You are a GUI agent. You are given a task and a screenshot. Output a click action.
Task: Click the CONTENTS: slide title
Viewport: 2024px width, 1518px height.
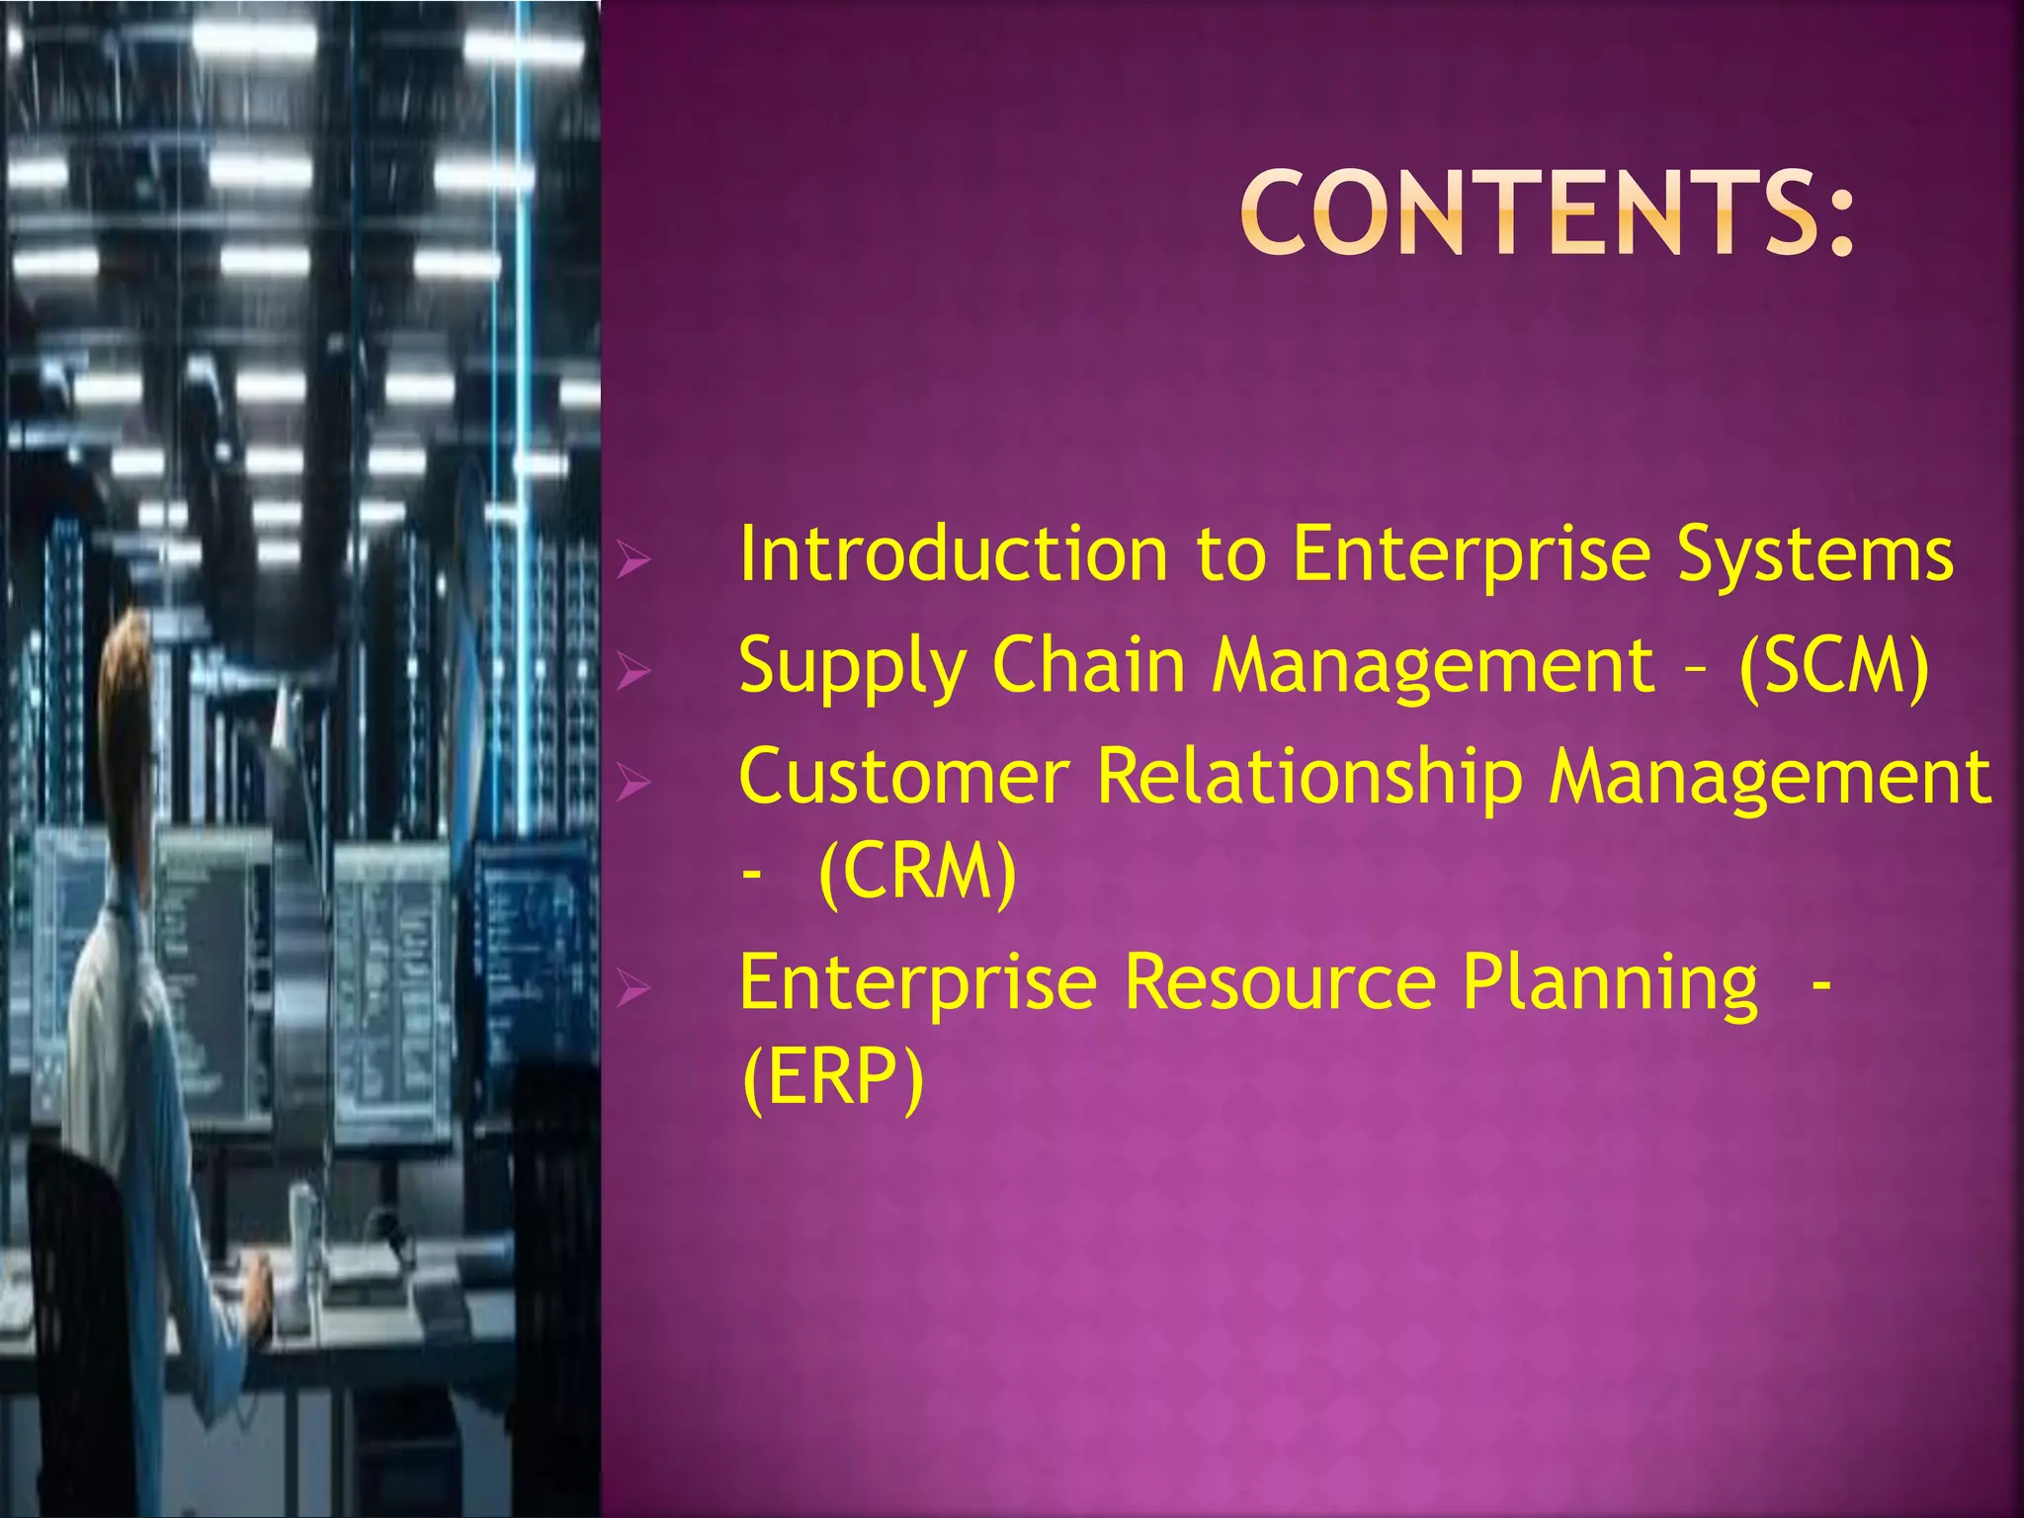[1547, 212]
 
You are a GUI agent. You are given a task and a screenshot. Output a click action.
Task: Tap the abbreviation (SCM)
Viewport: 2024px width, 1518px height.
[1833, 666]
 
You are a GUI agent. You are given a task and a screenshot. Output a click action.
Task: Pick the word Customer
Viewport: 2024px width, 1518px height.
[904, 777]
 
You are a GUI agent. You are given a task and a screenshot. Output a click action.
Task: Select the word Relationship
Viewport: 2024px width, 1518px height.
[1309, 779]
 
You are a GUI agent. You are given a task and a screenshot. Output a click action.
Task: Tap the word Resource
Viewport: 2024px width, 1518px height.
[1280, 982]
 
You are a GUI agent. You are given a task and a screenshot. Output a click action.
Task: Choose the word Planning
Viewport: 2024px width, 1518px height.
[1610, 984]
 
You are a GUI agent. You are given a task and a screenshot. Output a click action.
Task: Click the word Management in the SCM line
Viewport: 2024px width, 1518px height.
[1433, 666]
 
